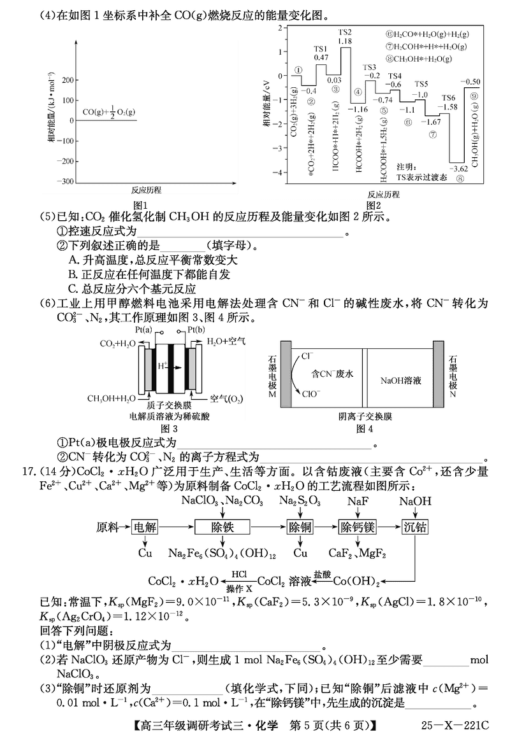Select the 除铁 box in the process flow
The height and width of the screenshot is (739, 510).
coord(222,527)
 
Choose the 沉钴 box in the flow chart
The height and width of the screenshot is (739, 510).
coord(415,527)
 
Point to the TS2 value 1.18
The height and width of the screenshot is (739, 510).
coord(345,41)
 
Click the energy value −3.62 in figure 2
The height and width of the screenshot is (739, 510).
coord(458,169)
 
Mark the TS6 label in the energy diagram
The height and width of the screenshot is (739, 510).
coord(449,97)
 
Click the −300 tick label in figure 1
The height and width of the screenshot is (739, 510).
coord(63,181)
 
